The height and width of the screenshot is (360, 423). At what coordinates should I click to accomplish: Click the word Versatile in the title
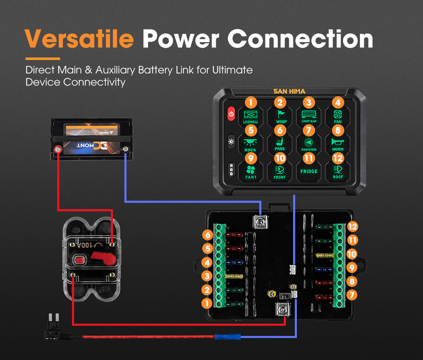pyautogui.click(x=79, y=40)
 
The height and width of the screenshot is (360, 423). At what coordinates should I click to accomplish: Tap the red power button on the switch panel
pyautogui.click(x=231, y=114)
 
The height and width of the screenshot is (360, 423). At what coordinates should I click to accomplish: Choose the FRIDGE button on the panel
pyautogui.click(x=309, y=171)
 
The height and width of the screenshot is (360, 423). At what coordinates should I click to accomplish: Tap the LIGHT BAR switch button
pyautogui.click(x=309, y=114)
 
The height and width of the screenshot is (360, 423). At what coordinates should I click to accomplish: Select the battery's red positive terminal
pyautogui.click(x=59, y=149)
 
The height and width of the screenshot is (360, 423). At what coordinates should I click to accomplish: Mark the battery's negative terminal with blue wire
pyautogui.click(x=126, y=149)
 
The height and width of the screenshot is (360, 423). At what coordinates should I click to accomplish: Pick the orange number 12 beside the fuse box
pyautogui.click(x=352, y=226)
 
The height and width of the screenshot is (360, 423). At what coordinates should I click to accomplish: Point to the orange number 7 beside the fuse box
pyautogui.click(x=352, y=295)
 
